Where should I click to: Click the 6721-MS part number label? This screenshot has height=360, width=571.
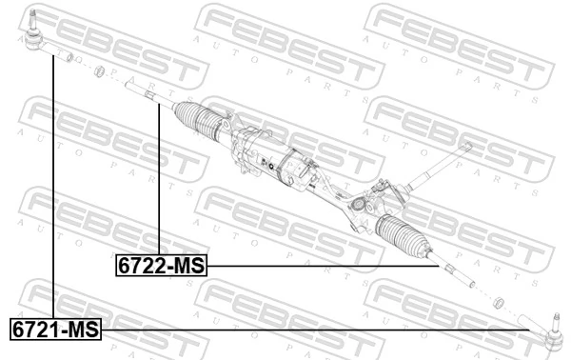(55, 330)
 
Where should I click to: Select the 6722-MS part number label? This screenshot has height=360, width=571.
(161, 266)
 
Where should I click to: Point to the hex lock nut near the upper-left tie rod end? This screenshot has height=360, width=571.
(99, 71)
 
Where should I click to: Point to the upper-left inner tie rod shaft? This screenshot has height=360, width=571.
(148, 95)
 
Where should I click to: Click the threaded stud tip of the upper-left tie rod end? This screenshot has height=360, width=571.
(32, 13)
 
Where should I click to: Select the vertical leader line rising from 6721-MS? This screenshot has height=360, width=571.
(53, 190)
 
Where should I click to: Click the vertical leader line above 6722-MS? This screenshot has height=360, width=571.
(159, 181)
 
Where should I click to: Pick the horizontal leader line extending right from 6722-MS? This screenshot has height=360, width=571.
(324, 267)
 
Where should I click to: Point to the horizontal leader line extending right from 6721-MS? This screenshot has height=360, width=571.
(314, 330)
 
